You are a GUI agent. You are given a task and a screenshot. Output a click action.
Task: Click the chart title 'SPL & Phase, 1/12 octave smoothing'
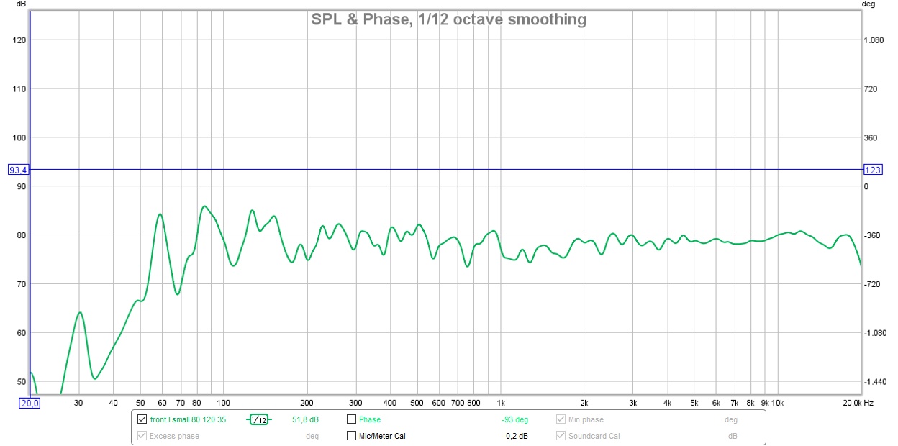click(x=448, y=19)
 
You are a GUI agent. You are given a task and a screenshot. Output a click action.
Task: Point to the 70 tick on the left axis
click(x=19, y=284)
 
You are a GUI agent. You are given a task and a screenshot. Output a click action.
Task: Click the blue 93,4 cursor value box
click(x=17, y=170)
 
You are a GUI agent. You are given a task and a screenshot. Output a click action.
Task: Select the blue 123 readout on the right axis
click(x=872, y=170)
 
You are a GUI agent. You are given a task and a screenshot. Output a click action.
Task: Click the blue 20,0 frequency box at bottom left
click(x=30, y=403)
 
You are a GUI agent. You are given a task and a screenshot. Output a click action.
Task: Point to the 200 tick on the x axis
click(x=307, y=403)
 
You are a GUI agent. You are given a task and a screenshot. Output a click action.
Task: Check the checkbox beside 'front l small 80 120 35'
click(x=142, y=419)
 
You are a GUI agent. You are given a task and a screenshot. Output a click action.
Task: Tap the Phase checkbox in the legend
click(x=352, y=419)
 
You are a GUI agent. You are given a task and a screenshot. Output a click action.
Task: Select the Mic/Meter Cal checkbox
click(x=352, y=436)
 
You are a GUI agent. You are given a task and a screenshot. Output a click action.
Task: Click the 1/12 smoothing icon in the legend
click(x=258, y=419)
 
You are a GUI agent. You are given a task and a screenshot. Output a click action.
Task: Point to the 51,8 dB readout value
click(x=305, y=419)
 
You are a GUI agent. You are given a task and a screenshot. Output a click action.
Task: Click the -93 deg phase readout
click(x=514, y=419)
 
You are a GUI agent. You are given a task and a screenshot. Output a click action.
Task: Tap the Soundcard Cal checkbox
click(x=561, y=436)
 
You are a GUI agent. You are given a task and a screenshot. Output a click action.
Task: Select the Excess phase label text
click(x=174, y=436)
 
